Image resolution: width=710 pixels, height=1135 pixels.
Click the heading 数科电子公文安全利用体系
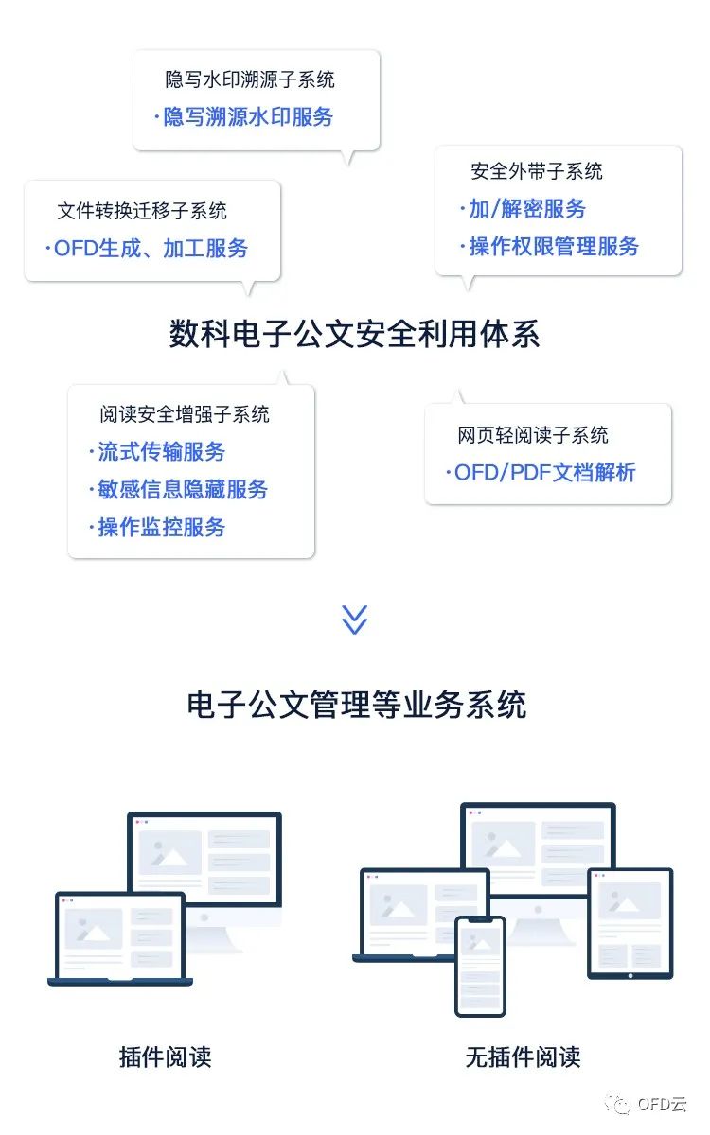point(354,334)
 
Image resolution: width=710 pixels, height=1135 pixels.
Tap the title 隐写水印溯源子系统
point(250,79)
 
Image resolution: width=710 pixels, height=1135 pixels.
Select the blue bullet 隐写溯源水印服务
point(248,117)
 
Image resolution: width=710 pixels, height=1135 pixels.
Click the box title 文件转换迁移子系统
point(142,210)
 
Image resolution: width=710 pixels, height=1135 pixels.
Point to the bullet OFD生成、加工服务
point(150,248)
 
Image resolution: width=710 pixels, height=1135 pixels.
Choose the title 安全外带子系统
point(537,171)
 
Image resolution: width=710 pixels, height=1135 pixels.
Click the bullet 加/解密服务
point(526,209)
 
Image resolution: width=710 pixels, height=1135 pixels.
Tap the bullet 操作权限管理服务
point(553,247)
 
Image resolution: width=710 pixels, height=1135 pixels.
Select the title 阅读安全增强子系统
point(185,414)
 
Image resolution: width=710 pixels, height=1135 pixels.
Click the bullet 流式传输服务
point(161,452)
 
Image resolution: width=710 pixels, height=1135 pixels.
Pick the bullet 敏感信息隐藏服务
point(182,489)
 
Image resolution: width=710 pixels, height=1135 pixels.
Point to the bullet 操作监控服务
point(161,527)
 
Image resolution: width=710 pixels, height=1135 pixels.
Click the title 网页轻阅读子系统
point(533,435)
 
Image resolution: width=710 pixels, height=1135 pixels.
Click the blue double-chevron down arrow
point(354,620)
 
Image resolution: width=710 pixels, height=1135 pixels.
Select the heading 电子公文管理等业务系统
point(356,705)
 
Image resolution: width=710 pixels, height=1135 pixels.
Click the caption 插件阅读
point(166,1056)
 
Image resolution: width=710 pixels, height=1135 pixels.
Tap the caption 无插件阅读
point(523,1056)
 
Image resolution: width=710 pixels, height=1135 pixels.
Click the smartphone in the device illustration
point(481,965)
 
